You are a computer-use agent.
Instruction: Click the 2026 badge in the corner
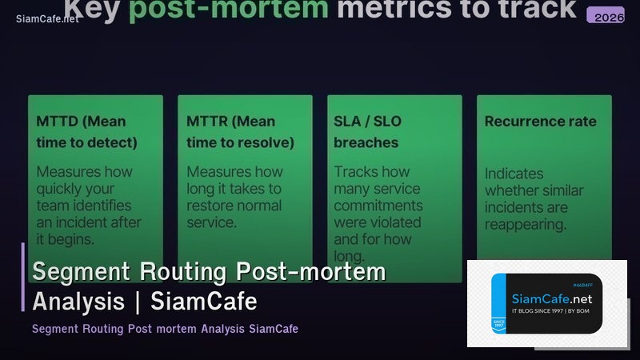click(x=605, y=16)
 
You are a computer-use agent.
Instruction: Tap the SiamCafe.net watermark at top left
click(x=47, y=18)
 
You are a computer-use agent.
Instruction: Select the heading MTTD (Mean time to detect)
click(x=86, y=132)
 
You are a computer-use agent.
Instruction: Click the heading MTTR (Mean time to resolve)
click(x=240, y=132)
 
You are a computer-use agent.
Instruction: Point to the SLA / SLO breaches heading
click(x=367, y=132)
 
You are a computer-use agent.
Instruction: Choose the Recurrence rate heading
click(x=540, y=122)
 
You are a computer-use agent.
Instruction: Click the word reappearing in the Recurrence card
click(x=526, y=225)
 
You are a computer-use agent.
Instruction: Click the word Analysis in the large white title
click(x=78, y=302)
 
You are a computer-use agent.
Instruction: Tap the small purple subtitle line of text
click(x=165, y=329)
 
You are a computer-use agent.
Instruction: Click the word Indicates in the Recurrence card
click(x=514, y=174)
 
